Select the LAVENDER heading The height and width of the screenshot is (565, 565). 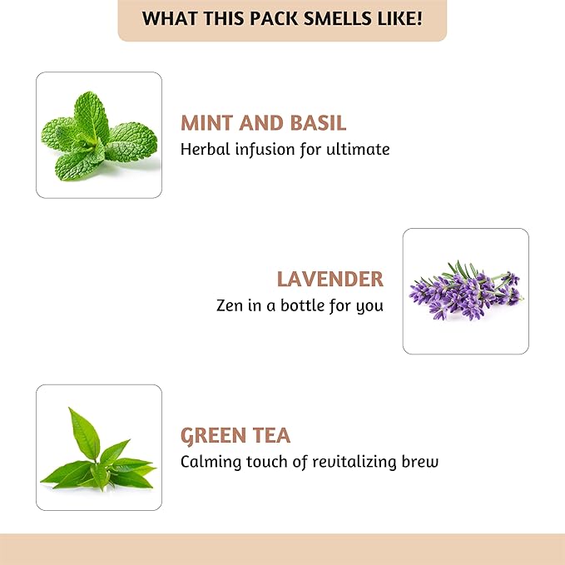point(330,279)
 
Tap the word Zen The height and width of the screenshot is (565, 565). point(229,305)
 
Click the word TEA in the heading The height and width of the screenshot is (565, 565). point(273,435)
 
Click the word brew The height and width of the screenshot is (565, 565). point(420,462)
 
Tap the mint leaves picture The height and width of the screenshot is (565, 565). point(98,135)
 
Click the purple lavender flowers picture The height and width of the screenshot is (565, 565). point(465,290)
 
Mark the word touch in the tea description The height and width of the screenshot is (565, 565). point(266,462)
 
